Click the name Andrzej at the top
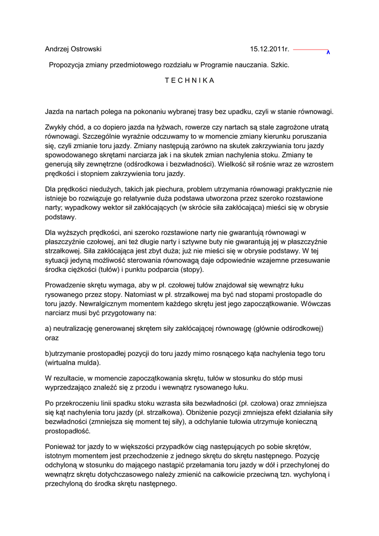[58, 49]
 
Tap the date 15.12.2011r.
[270, 49]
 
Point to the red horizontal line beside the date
[310, 49]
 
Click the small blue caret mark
[328, 53]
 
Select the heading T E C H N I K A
[189, 81]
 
